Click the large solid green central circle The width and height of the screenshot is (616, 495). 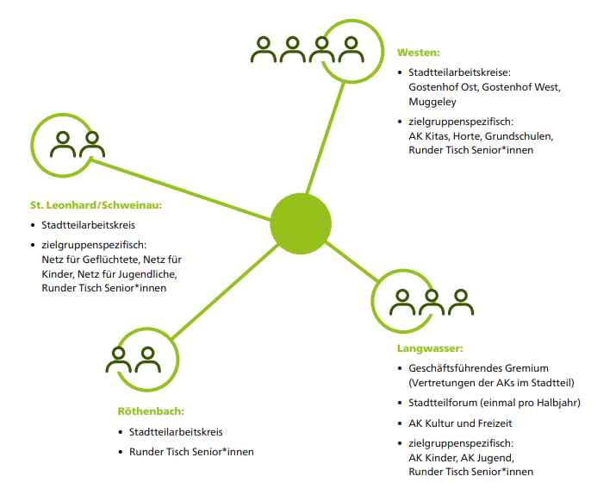[301, 223]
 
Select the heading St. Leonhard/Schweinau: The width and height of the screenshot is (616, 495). [96, 205]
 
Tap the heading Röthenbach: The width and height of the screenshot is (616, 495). [151, 410]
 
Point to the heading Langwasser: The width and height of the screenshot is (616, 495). [430, 348]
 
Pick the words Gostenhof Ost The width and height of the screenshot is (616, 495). [442, 87]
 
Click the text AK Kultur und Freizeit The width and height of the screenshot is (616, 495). [461, 423]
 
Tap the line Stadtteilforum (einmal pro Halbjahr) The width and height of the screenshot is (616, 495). [495, 403]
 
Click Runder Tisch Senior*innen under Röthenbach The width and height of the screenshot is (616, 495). [191, 451]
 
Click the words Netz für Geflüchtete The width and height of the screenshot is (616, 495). [90, 259]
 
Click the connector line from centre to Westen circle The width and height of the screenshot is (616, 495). [320, 138]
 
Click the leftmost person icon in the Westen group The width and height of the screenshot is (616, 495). [265, 50]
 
